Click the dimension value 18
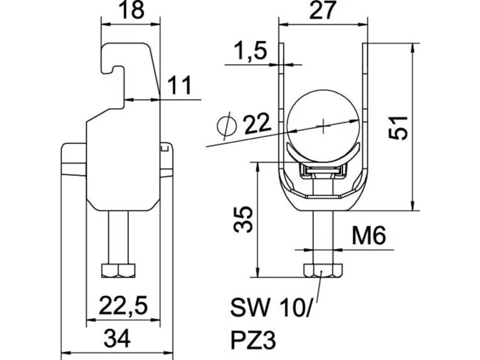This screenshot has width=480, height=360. tap(132, 10)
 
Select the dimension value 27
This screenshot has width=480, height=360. tap(323, 10)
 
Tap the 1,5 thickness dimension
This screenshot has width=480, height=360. tap(250, 50)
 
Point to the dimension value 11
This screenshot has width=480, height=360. tap(179, 85)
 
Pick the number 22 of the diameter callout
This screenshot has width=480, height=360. tap(257, 124)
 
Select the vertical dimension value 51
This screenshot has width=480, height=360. tap(398, 128)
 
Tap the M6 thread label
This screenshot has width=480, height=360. tap(368, 235)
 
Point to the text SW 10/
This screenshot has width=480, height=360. tap(271, 308)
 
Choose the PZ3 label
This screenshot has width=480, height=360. tap(253, 340)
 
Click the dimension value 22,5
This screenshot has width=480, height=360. tap(123, 305)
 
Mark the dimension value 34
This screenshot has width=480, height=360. tap(117, 338)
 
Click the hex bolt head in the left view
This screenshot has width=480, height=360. tap(118, 271)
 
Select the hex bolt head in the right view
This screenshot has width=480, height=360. tap(323, 270)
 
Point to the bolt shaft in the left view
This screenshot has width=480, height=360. tap(118, 237)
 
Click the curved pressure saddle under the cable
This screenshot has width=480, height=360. tap(323, 153)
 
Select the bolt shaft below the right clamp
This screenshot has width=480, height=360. tap(323, 237)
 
